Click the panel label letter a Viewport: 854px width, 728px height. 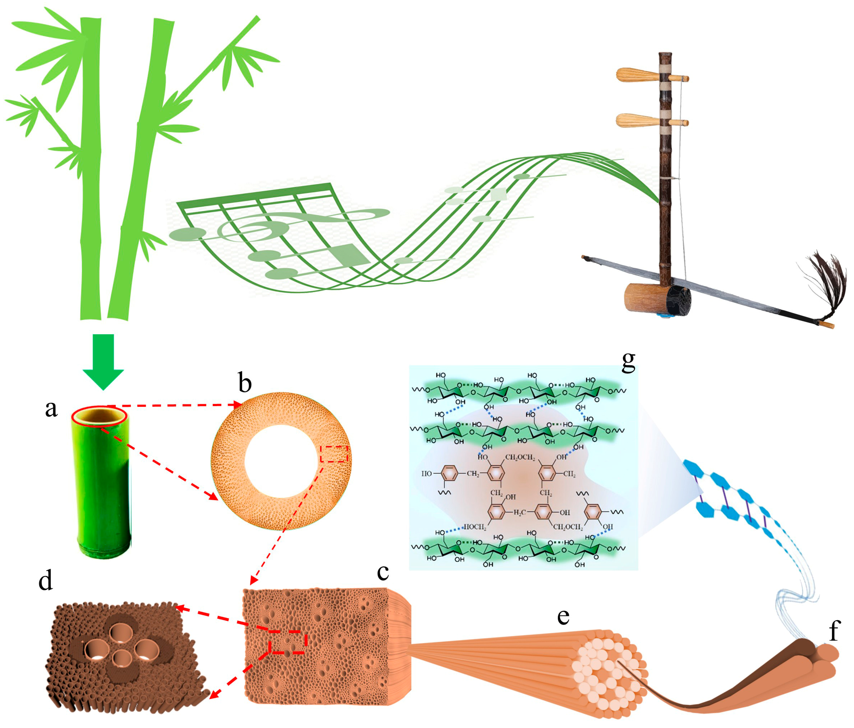(x=51, y=409)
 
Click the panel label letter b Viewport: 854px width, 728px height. (x=245, y=382)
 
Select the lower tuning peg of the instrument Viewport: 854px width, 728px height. (x=637, y=121)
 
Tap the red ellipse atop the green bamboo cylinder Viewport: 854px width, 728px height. (x=99, y=417)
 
